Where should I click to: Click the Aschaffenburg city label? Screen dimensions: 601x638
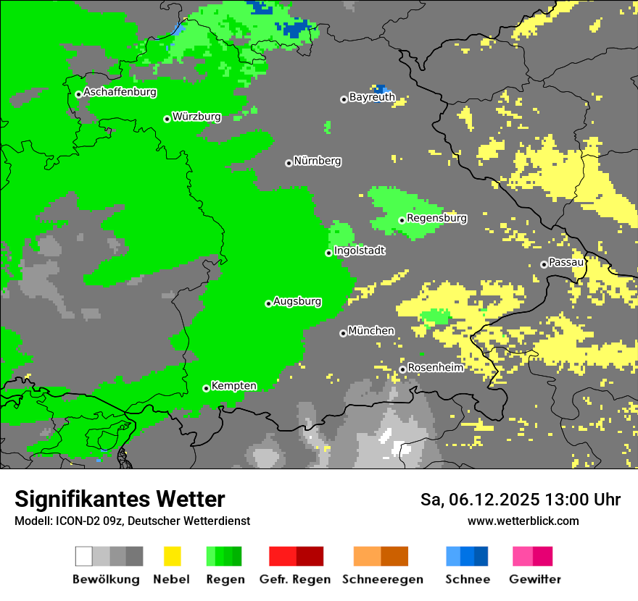[x=120, y=92]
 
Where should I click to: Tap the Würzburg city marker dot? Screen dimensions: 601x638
[x=167, y=119]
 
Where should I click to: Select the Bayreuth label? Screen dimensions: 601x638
[x=372, y=96]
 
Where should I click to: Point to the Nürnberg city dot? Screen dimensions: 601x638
[x=289, y=163]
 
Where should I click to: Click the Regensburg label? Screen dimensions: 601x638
[x=436, y=218]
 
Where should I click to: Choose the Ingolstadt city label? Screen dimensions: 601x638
[x=359, y=251]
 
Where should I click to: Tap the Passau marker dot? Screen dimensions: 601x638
[x=544, y=264]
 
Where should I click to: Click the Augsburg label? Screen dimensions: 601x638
[x=297, y=301]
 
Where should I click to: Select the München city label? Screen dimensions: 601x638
[x=371, y=331]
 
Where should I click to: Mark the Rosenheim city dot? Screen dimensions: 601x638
[x=402, y=370]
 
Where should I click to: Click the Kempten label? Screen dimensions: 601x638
[x=233, y=386]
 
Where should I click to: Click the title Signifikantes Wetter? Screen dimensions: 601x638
[x=120, y=500]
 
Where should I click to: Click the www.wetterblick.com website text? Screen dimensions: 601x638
[x=523, y=521]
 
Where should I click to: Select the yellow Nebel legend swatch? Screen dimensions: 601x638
[x=172, y=556]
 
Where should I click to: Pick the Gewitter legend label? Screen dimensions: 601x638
[x=534, y=580]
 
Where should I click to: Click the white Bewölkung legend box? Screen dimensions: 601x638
[x=84, y=556]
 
